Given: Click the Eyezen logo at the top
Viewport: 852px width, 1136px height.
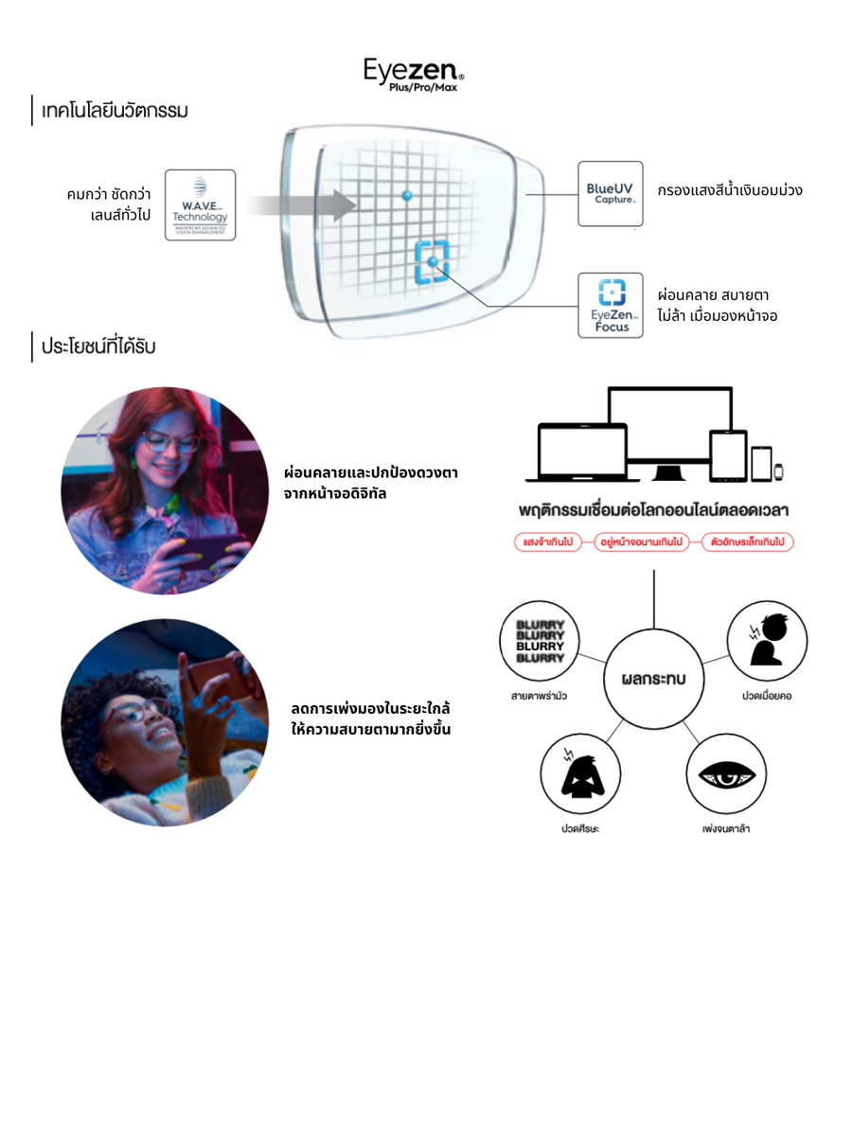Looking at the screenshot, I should (x=414, y=73).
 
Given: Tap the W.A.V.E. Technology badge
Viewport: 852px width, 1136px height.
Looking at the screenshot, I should (x=200, y=204).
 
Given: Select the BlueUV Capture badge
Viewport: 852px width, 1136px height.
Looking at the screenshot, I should (x=610, y=193).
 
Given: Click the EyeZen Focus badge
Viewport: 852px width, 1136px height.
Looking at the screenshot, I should (x=610, y=305).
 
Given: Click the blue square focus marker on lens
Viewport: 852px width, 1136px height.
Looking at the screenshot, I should (x=433, y=261).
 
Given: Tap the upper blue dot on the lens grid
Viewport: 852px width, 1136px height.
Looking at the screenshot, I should (x=407, y=195).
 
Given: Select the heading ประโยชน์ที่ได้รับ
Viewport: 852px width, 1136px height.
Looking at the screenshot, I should (x=98, y=346).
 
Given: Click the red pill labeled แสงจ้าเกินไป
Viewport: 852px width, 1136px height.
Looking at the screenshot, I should (x=547, y=542).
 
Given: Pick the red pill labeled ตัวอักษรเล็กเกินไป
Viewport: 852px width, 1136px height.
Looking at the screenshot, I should (x=747, y=542).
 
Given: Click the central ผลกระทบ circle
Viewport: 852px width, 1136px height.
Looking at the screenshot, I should (x=653, y=679).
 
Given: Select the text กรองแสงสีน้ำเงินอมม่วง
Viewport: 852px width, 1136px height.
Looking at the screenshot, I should (x=729, y=190).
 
